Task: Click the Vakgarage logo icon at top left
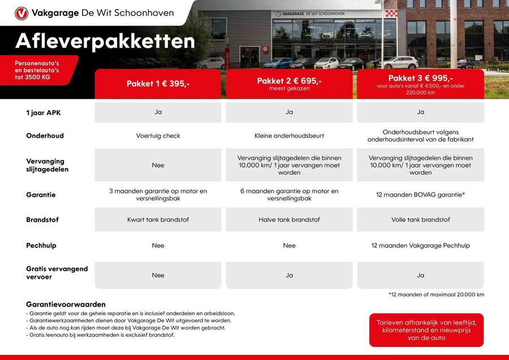21,14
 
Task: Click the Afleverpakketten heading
105,41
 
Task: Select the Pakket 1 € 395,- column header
158,84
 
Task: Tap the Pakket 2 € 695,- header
289,84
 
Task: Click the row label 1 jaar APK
43,112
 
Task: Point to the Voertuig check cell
158,136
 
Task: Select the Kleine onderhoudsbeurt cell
289,136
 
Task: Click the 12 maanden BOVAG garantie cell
420,195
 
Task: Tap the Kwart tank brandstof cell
158,220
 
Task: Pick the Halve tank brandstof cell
289,220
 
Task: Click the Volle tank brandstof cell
420,220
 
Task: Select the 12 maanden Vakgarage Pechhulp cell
420,245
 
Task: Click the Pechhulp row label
41,246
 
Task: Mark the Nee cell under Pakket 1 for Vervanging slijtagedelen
158,165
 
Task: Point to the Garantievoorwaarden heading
66,304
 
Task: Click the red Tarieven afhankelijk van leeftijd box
426,330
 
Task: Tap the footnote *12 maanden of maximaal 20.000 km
436,294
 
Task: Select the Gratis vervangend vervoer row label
57,273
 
